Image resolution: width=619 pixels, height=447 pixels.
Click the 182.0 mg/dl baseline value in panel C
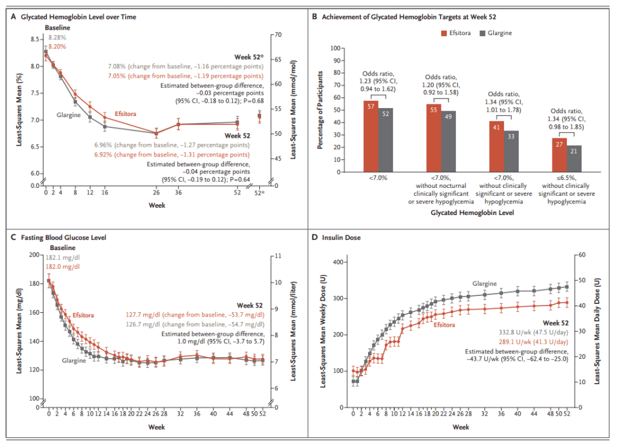pos(63,266)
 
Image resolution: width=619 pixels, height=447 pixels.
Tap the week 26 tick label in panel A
pos(156,193)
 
